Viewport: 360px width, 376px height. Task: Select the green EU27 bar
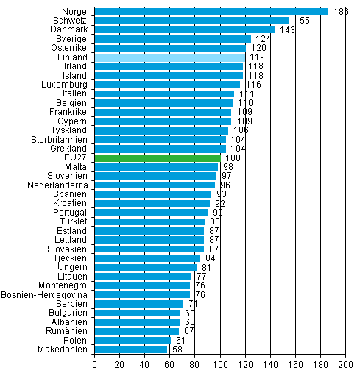click(158, 157)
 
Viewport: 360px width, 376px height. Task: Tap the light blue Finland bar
click(169, 57)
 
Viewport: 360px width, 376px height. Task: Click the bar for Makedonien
click(131, 349)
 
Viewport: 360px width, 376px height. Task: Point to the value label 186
click(339, 12)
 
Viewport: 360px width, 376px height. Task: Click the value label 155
click(301, 21)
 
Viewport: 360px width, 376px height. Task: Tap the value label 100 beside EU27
click(232, 157)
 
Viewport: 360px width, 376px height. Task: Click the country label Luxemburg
click(65, 85)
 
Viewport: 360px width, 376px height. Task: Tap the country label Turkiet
click(71, 221)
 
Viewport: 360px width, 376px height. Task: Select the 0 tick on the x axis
click(95, 364)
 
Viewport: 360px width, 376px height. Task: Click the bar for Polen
click(133, 340)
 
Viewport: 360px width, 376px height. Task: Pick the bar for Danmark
click(184, 29)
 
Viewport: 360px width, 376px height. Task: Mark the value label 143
click(286, 30)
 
